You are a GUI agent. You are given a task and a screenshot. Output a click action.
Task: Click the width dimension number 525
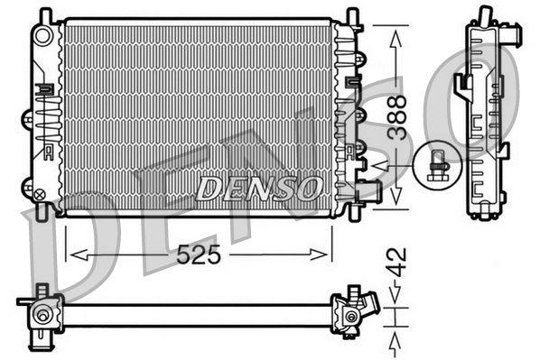198,255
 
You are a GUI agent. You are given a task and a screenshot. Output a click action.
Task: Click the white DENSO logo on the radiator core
259,188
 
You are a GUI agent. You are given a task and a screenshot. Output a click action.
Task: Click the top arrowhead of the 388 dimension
396,32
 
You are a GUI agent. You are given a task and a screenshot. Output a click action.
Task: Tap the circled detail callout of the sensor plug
438,165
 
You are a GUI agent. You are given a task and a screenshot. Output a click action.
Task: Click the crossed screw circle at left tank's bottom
39,191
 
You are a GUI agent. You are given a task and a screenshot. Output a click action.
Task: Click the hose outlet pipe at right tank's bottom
368,190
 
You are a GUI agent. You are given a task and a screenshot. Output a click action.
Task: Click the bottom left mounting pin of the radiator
42,214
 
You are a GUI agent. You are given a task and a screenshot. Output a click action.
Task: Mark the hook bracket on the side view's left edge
461,85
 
